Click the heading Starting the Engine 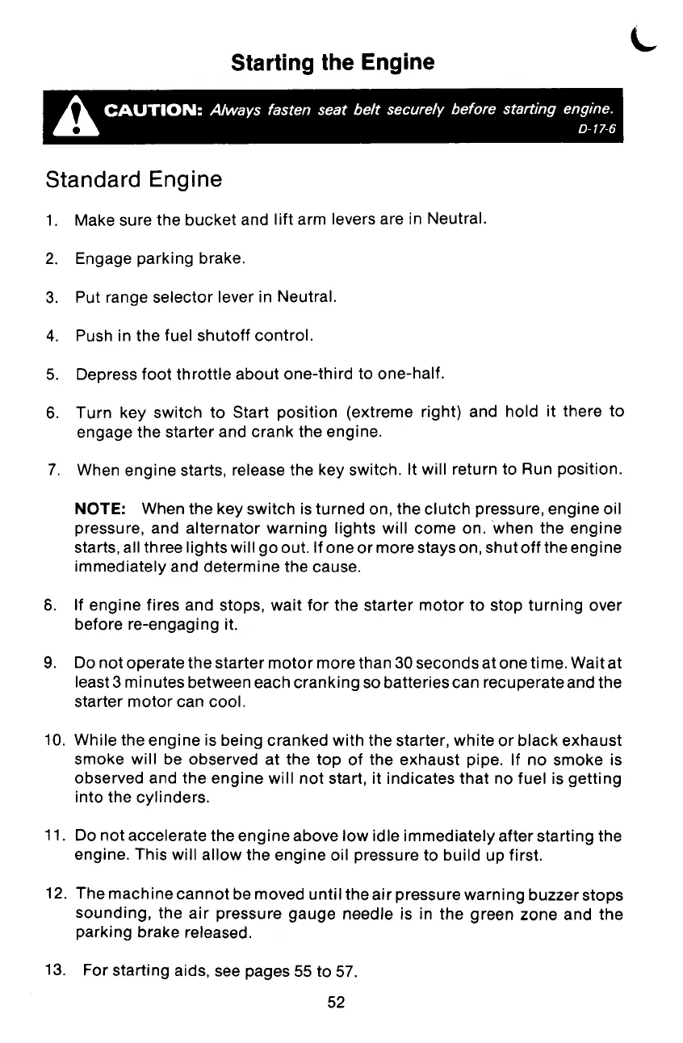coord(332,62)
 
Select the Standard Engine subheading coord(133,179)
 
